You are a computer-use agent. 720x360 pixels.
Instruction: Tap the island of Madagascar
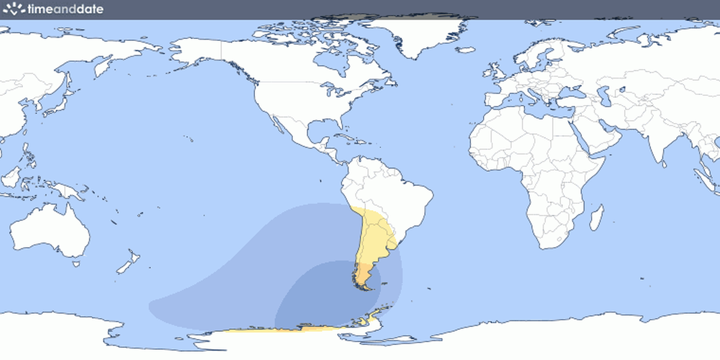[x=596, y=217]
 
